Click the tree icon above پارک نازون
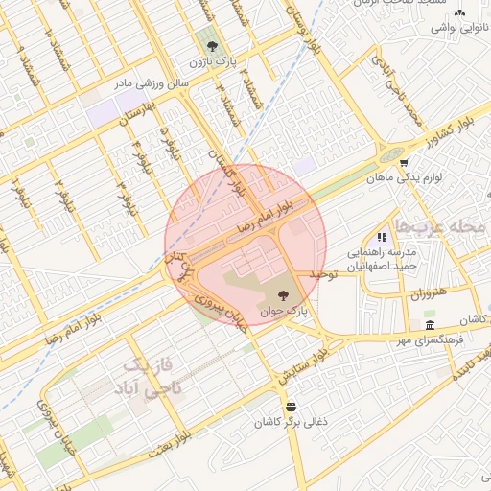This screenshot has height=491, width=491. pos(212,45)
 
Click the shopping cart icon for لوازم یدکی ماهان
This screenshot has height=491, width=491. pos(404,162)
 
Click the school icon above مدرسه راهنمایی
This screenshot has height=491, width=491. pos(382,236)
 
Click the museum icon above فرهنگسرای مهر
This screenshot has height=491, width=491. pos(429,326)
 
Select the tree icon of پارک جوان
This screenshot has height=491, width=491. pos(283,295)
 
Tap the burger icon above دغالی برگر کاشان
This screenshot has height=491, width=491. pos(291,407)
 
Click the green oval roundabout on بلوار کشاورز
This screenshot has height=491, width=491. pos(388,153)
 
